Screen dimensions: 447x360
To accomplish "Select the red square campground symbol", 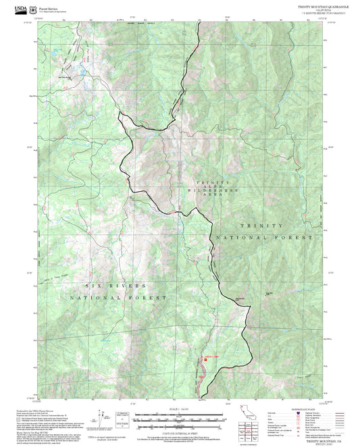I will [x=204, y=360].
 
